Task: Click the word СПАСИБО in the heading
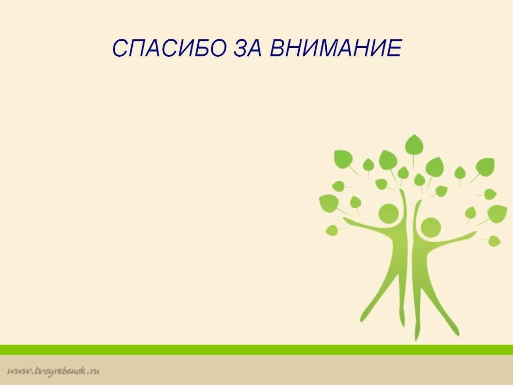[169, 49]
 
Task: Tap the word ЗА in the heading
[248, 49]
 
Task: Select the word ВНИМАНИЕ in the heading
[336, 49]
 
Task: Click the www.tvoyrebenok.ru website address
[53, 371]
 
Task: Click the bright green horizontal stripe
[256, 350]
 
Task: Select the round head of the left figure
[389, 214]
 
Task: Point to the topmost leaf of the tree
[414, 145]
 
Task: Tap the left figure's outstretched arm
[369, 225]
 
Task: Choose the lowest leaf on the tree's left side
[332, 230]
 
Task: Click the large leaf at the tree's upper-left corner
[343, 159]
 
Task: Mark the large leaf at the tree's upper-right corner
[485, 167]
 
